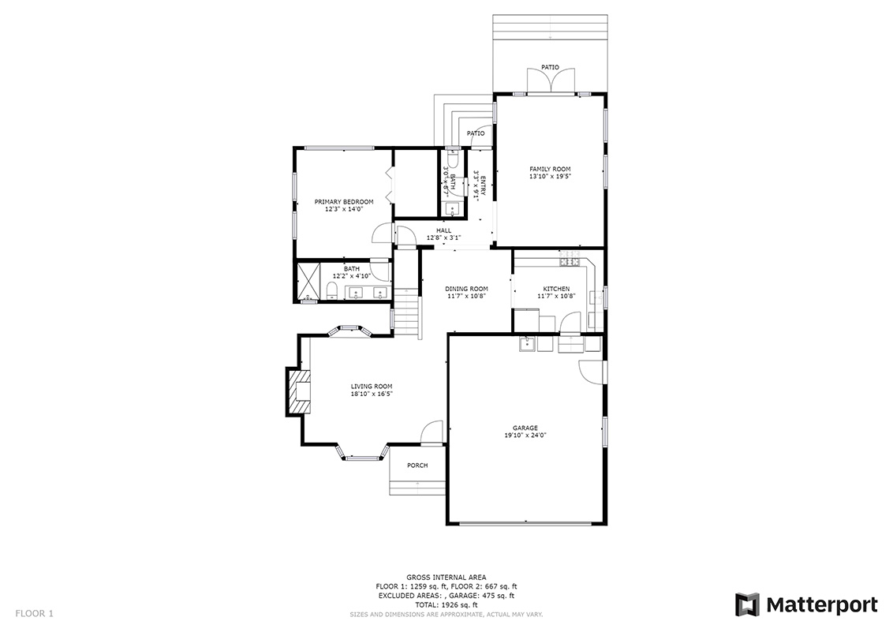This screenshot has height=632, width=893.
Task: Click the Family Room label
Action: [550, 169]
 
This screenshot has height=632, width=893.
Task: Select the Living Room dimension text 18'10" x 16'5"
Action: [372, 394]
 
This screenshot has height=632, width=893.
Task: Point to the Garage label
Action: [525, 428]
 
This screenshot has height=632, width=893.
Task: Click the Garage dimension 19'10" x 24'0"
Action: [525, 436]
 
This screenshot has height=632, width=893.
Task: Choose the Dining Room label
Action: [466, 289]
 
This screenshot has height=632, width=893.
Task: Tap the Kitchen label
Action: [556, 289]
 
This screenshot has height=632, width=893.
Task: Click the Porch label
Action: [417, 466]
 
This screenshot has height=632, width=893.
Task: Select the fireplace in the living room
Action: [298, 391]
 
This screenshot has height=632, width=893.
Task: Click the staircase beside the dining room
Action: [409, 314]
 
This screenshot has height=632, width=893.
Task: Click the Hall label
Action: [443, 230]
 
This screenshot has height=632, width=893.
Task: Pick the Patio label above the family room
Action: [550, 67]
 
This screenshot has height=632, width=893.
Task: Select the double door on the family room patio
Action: [550, 81]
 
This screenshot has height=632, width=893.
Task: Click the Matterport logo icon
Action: [747, 604]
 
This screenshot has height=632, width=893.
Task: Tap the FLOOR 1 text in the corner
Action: [34, 614]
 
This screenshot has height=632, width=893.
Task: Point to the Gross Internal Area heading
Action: [446, 578]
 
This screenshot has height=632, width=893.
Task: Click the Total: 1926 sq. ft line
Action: [446, 604]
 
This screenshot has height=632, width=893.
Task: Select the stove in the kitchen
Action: [570, 261]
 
